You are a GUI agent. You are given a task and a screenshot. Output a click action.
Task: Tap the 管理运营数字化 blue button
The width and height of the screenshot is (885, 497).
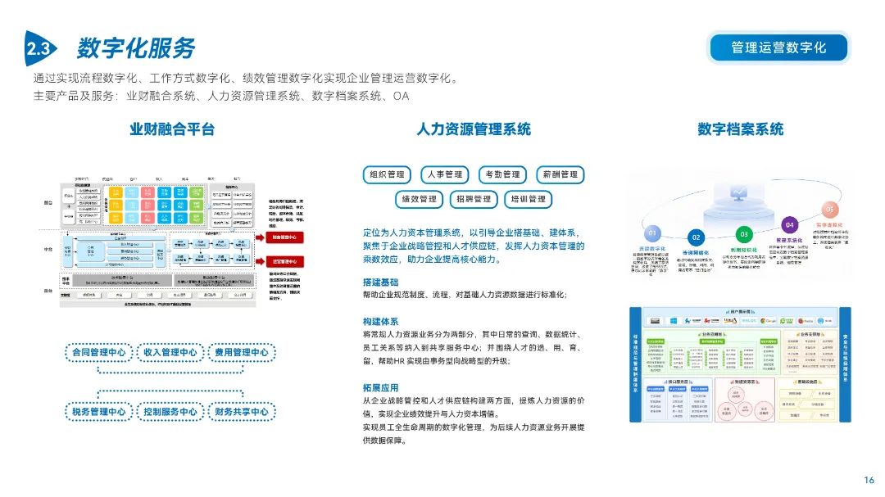(778, 47)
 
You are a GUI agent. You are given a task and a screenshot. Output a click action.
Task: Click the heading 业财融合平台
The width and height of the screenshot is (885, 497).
(172, 129)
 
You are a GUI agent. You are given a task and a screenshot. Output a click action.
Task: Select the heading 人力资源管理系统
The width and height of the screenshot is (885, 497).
(473, 129)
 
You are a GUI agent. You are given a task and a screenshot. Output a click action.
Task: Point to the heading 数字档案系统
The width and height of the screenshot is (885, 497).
(740, 129)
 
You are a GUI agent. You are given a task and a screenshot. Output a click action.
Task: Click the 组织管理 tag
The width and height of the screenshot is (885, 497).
(388, 174)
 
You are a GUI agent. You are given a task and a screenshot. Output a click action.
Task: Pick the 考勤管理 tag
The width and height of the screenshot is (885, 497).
(502, 174)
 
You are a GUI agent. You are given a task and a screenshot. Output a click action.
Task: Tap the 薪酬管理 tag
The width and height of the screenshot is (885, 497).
(560, 174)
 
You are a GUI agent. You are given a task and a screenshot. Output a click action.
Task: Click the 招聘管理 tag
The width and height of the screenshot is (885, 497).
(474, 199)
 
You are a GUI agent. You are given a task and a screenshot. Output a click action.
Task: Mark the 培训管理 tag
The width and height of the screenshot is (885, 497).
(529, 199)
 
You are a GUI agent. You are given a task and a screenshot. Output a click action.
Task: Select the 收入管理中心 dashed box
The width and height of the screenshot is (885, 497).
(170, 353)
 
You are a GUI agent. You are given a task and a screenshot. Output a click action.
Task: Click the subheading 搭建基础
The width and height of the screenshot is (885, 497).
(380, 282)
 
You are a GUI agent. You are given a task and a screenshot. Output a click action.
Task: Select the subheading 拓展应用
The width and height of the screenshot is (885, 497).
(380, 387)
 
